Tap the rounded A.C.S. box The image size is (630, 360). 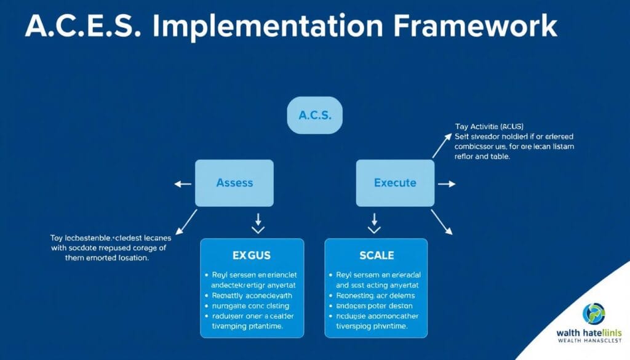pyautogui.click(x=315, y=115)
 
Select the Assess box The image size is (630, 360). pyautogui.click(x=234, y=183)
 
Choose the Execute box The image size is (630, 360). pyautogui.click(x=395, y=183)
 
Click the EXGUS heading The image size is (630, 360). pyautogui.click(x=252, y=254)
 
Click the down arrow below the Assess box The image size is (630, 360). pyautogui.click(x=258, y=222)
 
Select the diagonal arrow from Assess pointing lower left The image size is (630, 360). pyautogui.click(x=186, y=222)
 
